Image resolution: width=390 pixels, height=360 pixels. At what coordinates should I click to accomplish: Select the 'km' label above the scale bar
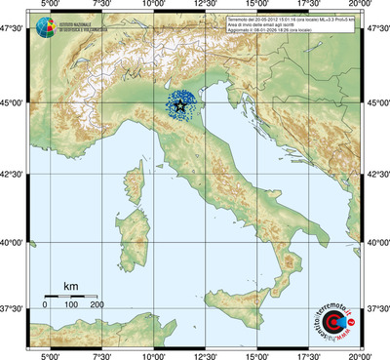click(x=70, y=286)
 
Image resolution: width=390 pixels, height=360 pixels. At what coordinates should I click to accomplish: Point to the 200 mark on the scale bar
click(x=97, y=305)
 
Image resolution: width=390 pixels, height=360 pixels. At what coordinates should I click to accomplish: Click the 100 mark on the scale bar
click(x=71, y=305)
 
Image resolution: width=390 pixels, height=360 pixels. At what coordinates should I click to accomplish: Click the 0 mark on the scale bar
click(x=45, y=305)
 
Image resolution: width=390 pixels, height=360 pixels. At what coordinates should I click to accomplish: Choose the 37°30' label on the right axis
click(x=376, y=308)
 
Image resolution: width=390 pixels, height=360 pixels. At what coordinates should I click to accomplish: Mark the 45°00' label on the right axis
click(x=376, y=102)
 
